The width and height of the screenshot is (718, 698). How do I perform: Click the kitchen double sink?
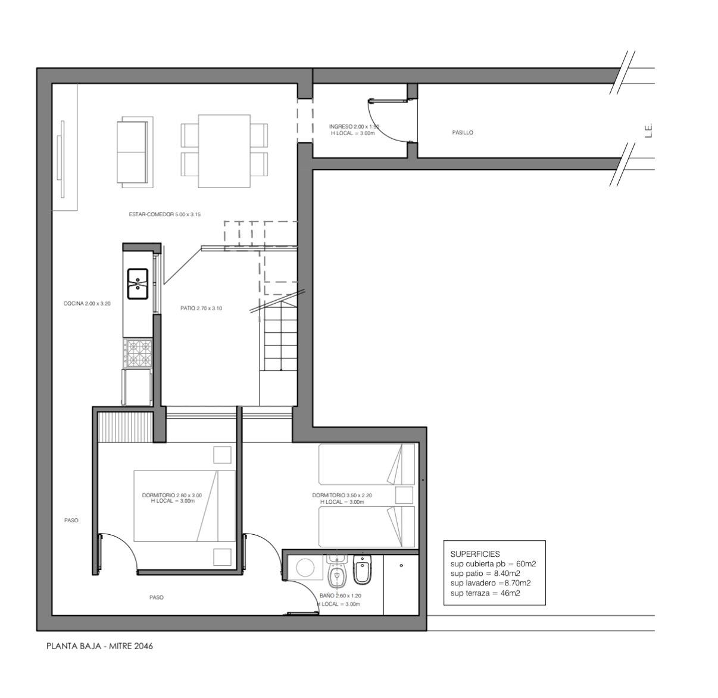138,283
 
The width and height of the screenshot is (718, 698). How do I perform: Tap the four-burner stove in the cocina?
138,353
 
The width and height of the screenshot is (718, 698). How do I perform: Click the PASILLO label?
463,133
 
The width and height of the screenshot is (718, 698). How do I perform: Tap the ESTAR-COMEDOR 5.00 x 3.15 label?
164,214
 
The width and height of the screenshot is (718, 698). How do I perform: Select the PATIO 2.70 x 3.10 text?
201,309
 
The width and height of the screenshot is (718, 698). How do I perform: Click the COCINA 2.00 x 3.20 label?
87,304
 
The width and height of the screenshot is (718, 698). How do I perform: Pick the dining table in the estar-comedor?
224,151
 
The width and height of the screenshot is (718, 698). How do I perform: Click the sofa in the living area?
135,152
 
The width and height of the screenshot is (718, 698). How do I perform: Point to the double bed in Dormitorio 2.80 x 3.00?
185,506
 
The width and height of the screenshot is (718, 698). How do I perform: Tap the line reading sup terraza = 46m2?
485,593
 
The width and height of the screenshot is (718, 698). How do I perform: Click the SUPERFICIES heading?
475,554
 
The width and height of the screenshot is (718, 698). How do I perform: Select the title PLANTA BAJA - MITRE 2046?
99,646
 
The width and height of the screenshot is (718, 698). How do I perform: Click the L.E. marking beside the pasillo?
649,130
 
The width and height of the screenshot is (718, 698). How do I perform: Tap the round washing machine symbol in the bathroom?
305,568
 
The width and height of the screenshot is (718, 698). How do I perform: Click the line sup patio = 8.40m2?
485,574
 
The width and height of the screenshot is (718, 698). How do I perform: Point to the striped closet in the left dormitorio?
126,427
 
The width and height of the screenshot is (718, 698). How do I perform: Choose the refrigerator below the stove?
137,387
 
